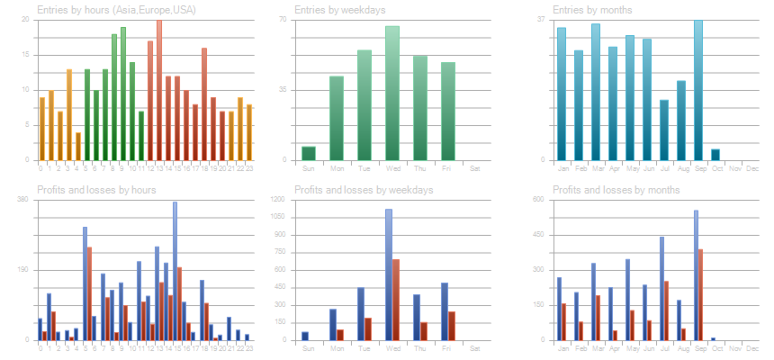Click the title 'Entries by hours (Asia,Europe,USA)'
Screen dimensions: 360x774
(x=116, y=10)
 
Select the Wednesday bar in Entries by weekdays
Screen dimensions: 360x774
(x=392, y=94)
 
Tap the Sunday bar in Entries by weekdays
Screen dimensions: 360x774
(x=309, y=153)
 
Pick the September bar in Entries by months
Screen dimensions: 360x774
(x=697, y=90)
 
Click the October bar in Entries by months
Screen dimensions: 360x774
(x=715, y=155)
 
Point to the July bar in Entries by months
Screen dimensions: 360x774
(x=663, y=130)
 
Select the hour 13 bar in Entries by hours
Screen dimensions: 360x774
(x=159, y=90)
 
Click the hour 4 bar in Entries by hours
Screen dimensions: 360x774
(x=78, y=147)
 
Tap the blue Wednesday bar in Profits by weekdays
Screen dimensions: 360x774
(x=389, y=274)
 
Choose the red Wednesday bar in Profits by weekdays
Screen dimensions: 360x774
(x=396, y=300)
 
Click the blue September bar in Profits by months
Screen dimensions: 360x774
(x=696, y=275)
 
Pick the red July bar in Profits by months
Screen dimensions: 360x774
(x=666, y=310)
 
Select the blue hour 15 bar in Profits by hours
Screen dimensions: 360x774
(x=175, y=270)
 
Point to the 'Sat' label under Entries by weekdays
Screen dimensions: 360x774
(x=475, y=168)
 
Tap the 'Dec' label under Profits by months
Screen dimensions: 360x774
(x=752, y=348)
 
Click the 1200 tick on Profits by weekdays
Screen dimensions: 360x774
(x=278, y=199)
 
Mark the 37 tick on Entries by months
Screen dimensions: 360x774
(x=542, y=19)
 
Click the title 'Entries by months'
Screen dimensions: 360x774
(x=592, y=10)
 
